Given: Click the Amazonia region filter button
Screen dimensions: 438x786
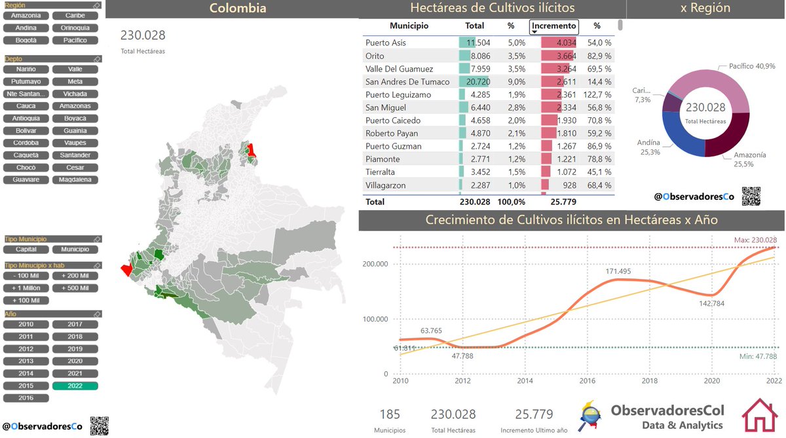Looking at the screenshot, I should coord(26,15).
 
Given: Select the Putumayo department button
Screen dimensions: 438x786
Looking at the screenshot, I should coord(26,82).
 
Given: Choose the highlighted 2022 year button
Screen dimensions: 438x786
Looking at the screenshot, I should coord(75,386).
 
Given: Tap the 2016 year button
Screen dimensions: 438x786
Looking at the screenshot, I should coord(26,398).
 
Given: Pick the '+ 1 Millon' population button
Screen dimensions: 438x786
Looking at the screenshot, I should coord(26,288).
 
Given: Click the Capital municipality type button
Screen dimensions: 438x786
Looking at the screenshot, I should coord(26,249).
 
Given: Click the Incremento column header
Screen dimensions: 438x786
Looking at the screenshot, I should coord(554,26).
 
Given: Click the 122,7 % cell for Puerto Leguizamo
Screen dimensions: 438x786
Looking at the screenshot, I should coord(597,94).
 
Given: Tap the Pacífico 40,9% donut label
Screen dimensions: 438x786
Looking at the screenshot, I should coord(753,66).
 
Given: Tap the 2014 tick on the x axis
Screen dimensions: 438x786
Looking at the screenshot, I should coord(524,380).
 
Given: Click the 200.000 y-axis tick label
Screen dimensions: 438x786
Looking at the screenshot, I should coord(376,264).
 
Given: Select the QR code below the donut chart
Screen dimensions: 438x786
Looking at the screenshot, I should coord(752,196).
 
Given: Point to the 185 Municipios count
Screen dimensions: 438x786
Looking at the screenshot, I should coord(389,414).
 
